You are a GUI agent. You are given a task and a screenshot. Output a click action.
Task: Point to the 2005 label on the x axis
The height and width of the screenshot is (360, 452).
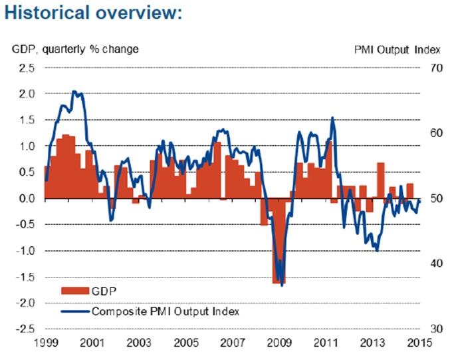(185, 343)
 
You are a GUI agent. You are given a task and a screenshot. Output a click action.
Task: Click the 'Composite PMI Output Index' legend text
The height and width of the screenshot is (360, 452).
(165, 311)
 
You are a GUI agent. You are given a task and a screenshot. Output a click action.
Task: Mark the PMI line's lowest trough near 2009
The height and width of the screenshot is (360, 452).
(282, 285)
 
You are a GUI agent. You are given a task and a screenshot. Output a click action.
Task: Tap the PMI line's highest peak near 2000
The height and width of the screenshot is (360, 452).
(74, 91)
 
